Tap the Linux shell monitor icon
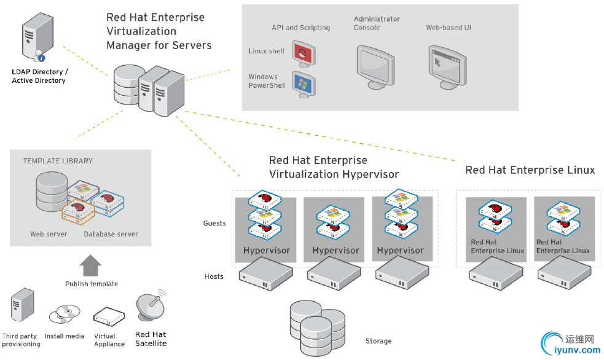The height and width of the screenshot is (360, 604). click(304, 53)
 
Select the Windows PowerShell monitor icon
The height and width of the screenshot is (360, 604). click(304, 84)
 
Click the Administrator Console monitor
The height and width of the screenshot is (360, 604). click(375, 67)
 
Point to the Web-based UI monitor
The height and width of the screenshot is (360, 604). click(447, 67)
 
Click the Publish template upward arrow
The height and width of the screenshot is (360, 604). click(90, 265)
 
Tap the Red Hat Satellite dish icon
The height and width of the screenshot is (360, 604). click(151, 306)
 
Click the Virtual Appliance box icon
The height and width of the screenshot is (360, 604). click(109, 316)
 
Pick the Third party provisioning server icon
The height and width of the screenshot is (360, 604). click(22, 305)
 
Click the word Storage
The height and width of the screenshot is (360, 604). click(378, 341)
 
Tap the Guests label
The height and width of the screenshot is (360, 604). click(214, 224)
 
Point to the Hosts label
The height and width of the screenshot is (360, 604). click(214, 276)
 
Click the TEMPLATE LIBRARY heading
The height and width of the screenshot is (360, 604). click(58, 161)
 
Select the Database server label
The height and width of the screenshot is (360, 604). click(111, 234)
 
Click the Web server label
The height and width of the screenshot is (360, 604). click(49, 234)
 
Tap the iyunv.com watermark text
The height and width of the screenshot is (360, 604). click(577, 350)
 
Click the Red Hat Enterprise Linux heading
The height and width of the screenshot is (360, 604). click(530, 170)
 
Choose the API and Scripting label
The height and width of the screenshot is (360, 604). click(301, 28)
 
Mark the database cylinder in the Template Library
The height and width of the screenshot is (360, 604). click(52, 191)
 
